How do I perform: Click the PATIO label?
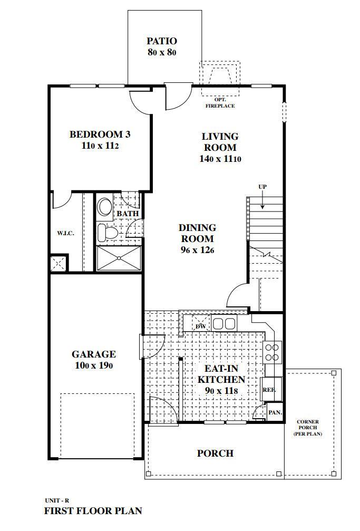[x=161, y=41]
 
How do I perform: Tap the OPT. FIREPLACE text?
[x=220, y=103]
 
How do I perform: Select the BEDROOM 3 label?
[x=100, y=134]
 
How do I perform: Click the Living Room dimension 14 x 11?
[x=220, y=159]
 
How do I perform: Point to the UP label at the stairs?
[x=262, y=187]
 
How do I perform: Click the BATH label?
[x=127, y=214]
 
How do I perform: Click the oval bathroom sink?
[x=105, y=206]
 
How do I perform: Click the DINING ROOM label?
[x=197, y=233]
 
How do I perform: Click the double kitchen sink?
[x=223, y=323]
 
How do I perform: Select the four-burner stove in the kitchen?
[x=272, y=352]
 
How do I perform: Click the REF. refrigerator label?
[x=269, y=390]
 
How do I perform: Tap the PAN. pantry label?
[x=275, y=412]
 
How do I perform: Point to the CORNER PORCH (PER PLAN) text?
[x=308, y=428]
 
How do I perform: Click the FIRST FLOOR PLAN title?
[x=93, y=510]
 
